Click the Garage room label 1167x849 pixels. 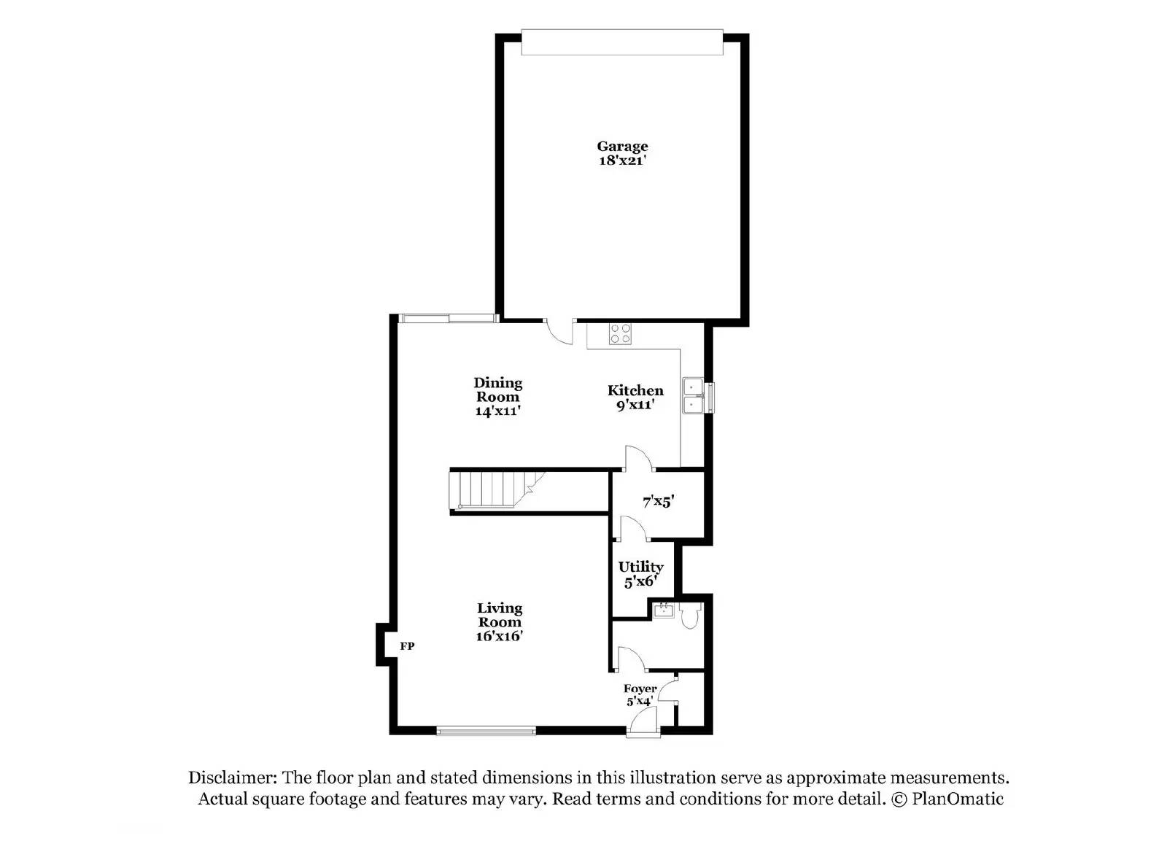pyautogui.click(x=622, y=147)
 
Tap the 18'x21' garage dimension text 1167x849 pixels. pyautogui.click(x=622, y=160)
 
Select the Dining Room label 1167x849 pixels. pyautogui.click(x=498, y=389)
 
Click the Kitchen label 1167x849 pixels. pyautogui.click(x=635, y=390)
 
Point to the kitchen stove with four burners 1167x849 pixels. pyautogui.click(x=621, y=334)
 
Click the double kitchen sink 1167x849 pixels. pyautogui.click(x=692, y=395)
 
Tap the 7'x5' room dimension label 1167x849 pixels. pyautogui.click(x=658, y=502)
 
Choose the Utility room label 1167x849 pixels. pyautogui.click(x=640, y=567)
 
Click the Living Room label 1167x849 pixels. pyautogui.click(x=500, y=615)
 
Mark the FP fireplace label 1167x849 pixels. pyautogui.click(x=407, y=646)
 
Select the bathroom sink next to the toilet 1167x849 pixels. pyautogui.click(x=663, y=610)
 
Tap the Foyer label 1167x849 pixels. pyautogui.click(x=640, y=689)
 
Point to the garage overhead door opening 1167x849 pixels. pyautogui.click(x=622, y=42)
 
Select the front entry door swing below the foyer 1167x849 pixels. pyautogui.click(x=642, y=722)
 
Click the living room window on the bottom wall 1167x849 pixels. pyautogui.click(x=486, y=730)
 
